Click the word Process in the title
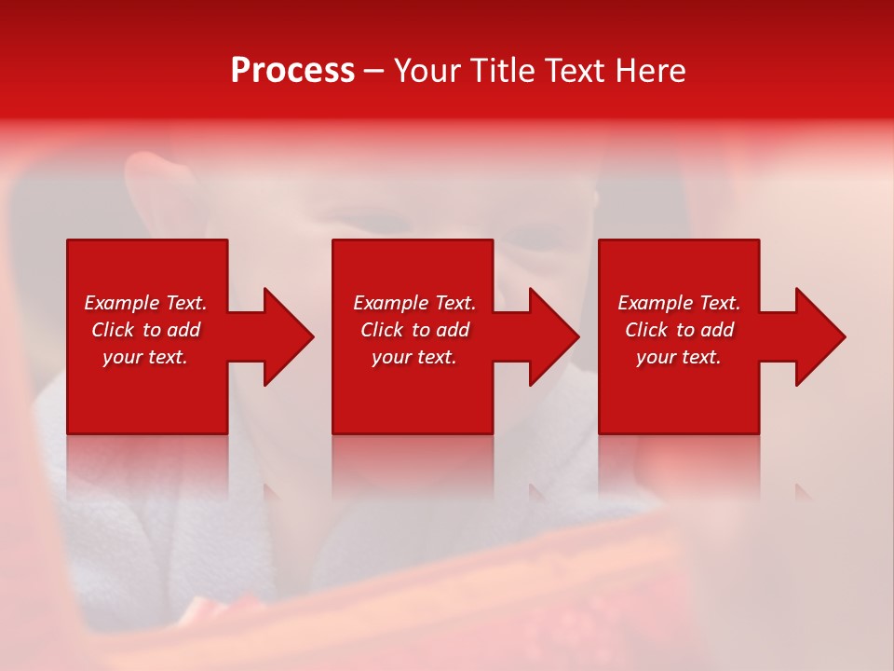click(x=292, y=71)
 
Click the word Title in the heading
click(x=502, y=71)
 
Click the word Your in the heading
click(x=428, y=71)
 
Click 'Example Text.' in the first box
click(x=145, y=303)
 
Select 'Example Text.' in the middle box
click(x=414, y=303)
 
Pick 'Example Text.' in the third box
click(x=679, y=303)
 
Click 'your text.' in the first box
click(x=145, y=357)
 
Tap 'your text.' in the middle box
click(x=414, y=357)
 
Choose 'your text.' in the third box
click(x=679, y=357)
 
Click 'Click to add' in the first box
click(x=145, y=330)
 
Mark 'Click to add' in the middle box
click(x=414, y=330)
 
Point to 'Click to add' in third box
click(x=679, y=330)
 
